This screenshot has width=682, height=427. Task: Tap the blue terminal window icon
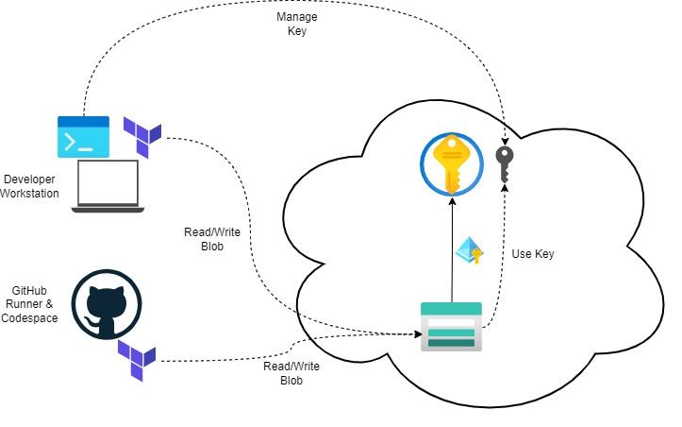tap(83, 136)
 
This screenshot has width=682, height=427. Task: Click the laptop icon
tap(107, 185)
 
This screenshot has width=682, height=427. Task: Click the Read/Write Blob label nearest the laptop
tap(205, 240)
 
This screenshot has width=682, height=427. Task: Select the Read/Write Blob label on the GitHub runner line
tap(283, 372)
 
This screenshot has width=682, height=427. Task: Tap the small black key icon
tap(506, 164)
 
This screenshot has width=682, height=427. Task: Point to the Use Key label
tap(534, 254)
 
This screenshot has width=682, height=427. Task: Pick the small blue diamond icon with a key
tap(469, 252)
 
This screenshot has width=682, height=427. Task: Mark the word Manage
tap(296, 17)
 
